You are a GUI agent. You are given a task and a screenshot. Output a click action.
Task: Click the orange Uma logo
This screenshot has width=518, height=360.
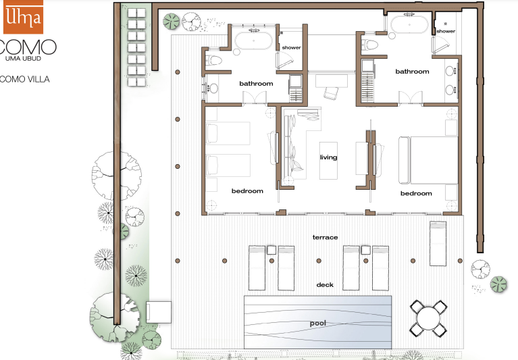coord(23,16)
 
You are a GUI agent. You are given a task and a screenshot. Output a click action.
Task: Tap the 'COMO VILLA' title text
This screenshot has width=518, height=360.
coord(25,79)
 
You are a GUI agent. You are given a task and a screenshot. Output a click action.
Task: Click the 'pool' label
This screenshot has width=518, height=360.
coord(318,324)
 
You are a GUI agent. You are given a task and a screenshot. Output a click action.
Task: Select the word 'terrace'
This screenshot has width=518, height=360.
coord(325,237)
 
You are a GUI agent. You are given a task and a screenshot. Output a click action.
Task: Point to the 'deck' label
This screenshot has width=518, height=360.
coord(325,285)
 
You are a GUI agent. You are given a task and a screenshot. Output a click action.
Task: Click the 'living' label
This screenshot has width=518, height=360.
coord(328,157)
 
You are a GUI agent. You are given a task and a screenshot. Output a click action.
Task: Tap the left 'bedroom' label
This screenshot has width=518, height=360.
coord(247,191)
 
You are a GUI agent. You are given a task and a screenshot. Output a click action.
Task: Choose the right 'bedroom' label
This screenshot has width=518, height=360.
coord(416,194)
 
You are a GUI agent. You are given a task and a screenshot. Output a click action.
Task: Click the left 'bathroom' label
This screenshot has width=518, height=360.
coord(256,84)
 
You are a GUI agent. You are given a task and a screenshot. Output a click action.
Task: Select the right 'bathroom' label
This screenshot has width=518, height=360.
coord(412,72)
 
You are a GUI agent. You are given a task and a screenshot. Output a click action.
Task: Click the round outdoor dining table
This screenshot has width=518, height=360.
coord(428,318)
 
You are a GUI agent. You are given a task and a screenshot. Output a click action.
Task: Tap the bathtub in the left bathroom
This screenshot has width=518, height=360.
coord(253,41)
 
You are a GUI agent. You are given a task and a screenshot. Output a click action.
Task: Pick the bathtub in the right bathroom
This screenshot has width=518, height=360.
coord(409,24)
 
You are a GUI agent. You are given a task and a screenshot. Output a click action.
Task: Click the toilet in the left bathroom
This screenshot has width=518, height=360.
coord(213,61)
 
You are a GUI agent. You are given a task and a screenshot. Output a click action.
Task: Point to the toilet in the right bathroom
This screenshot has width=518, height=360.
coord(369,45)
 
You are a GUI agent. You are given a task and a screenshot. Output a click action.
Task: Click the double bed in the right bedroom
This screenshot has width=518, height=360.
coord(428,160)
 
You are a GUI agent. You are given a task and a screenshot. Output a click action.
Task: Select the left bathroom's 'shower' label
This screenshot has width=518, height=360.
coord(291,47)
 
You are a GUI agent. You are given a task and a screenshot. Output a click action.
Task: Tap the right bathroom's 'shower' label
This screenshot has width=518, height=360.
coord(446,31)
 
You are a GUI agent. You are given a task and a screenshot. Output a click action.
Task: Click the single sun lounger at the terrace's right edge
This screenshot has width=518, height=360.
coord(438,243)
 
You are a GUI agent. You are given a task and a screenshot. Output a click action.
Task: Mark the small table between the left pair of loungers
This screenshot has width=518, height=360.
coord(271,250)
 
